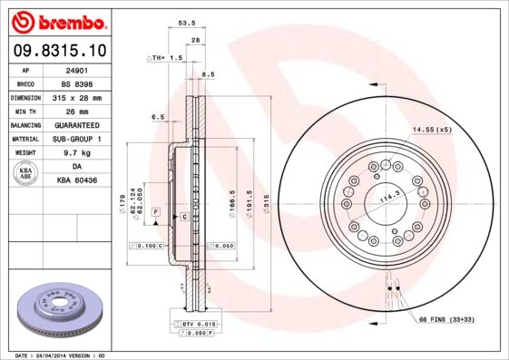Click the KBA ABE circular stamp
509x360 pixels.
26,174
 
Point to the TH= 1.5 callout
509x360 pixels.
166,57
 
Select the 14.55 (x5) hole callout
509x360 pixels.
432,131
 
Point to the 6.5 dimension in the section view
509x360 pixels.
157,117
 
